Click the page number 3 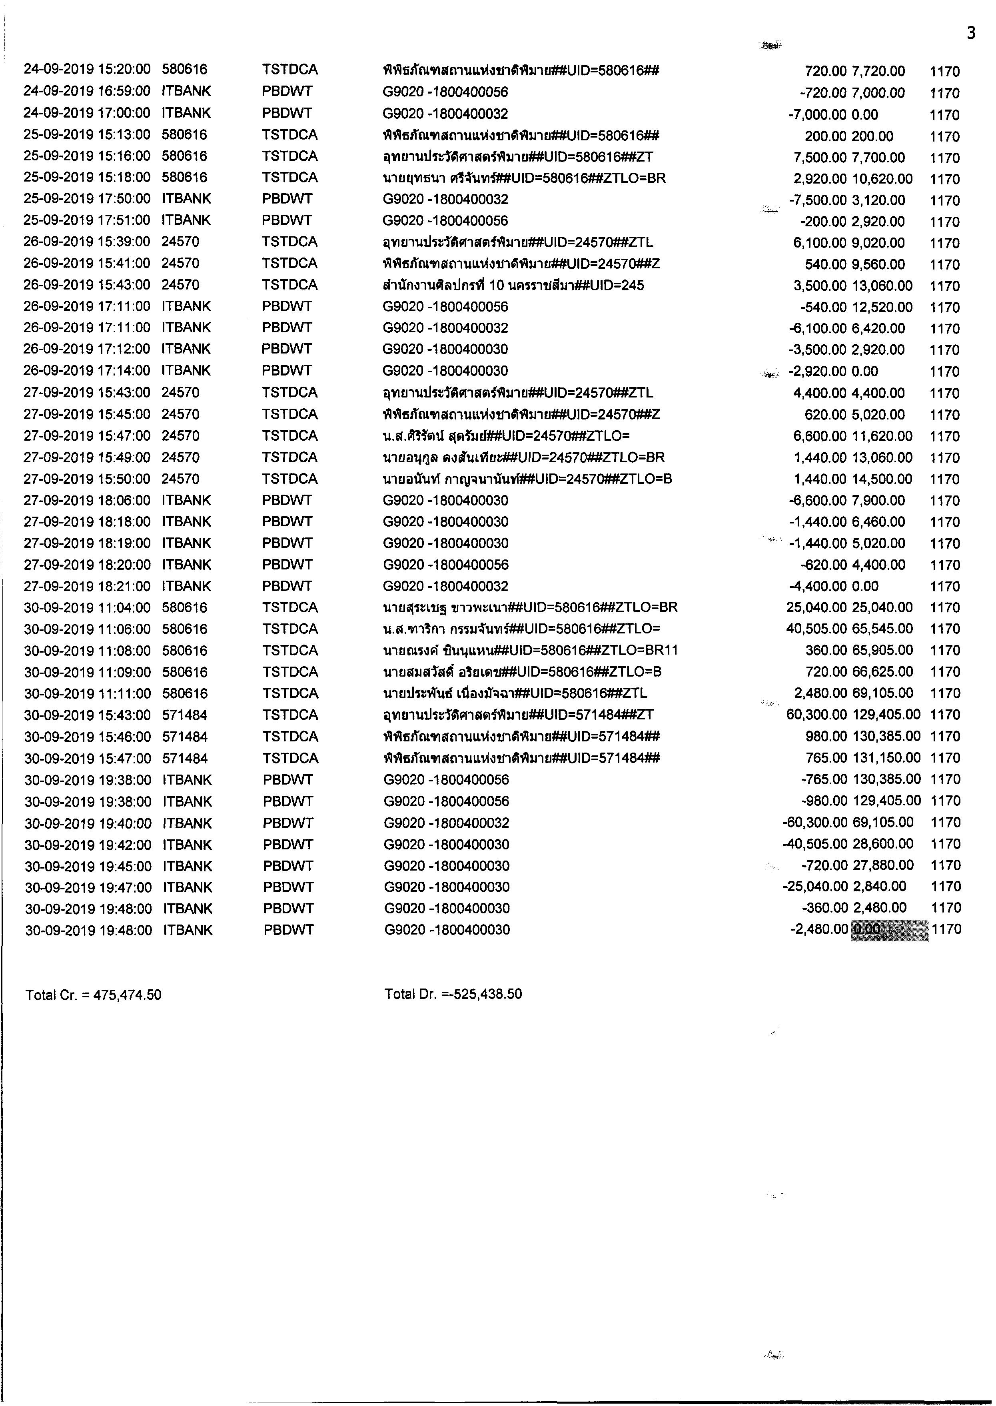click(971, 33)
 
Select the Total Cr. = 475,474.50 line click(93, 995)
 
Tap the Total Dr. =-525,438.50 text click(453, 994)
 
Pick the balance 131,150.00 click(886, 758)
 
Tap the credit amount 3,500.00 click(819, 286)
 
